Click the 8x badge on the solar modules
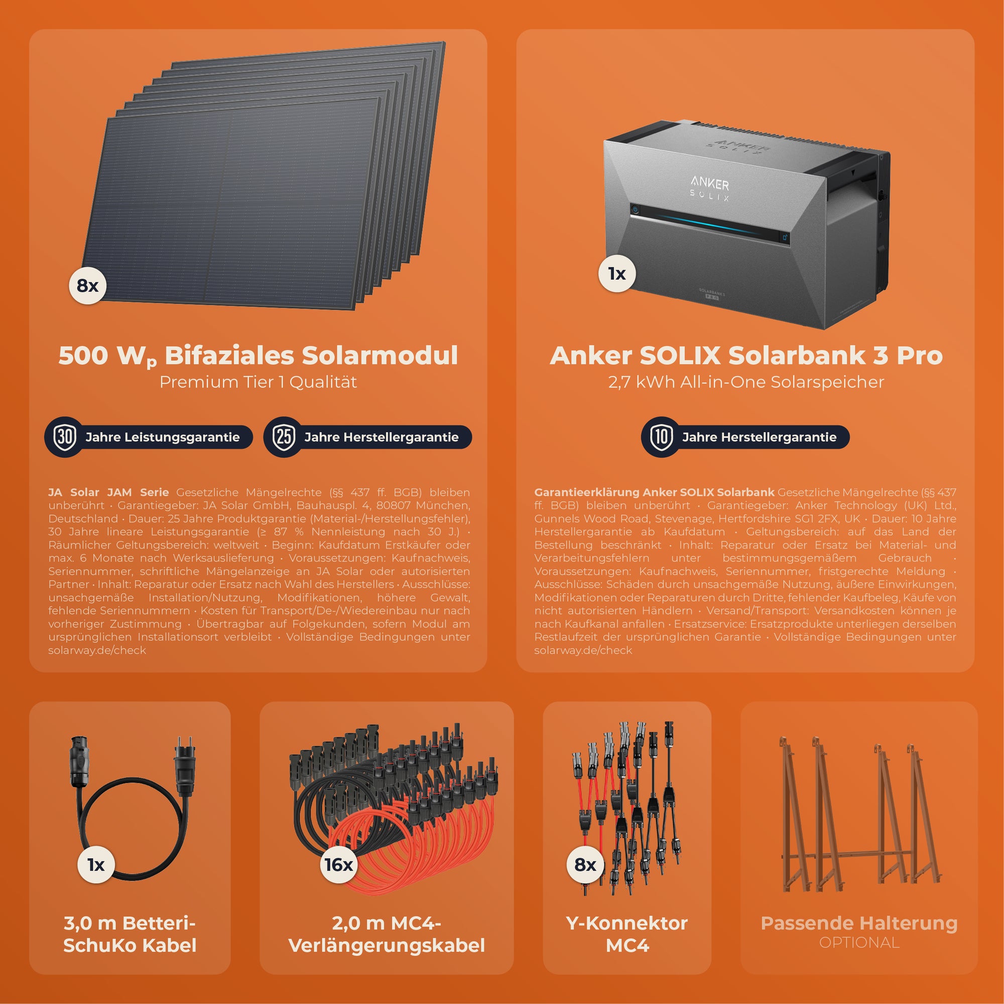click(88, 285)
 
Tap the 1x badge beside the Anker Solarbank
click(617, 274)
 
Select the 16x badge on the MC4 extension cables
click(339, 865)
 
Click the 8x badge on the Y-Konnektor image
click(585, 865)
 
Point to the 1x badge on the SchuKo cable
click(96, 865)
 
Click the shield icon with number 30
click(65, 437)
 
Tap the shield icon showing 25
click(284, 437)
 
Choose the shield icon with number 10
click(661, 437)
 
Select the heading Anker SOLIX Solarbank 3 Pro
click(746, 355)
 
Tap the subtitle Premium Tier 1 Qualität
click(258, 382)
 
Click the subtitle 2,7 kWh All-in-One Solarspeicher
click(746, 382)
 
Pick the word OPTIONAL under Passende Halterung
click(859, 942)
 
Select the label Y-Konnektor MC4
click(627, 934)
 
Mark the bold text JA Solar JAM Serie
click(108, 492)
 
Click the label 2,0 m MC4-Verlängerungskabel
click(387, 934)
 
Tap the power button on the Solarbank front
click(635, 210)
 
